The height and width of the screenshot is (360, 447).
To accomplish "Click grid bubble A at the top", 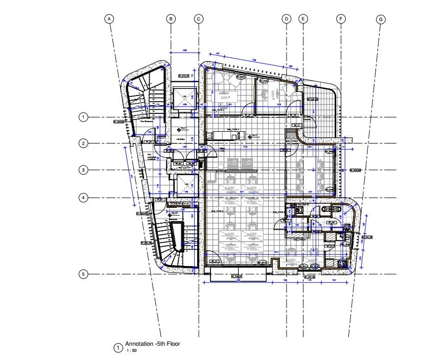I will pos(108,19).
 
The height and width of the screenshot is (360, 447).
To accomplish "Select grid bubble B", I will pos(171,19).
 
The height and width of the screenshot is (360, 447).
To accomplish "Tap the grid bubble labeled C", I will pos(199,19).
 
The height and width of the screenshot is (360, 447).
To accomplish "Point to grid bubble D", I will pos(287,19).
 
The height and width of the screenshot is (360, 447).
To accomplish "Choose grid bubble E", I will pos(303,19).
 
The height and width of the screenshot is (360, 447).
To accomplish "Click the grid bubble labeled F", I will pos(341,19).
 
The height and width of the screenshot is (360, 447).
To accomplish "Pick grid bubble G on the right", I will pos(380,19).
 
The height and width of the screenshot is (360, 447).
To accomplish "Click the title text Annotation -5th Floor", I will pos(152,344).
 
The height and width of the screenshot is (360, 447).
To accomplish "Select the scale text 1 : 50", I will pos(131,351).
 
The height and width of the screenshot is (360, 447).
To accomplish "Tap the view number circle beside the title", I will pos(117,348).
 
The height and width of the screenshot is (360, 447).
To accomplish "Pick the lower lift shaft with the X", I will pos(184,184).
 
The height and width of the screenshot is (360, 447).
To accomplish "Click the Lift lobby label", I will pos(180,138).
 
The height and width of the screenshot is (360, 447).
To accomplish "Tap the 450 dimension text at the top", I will pos(254,61).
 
